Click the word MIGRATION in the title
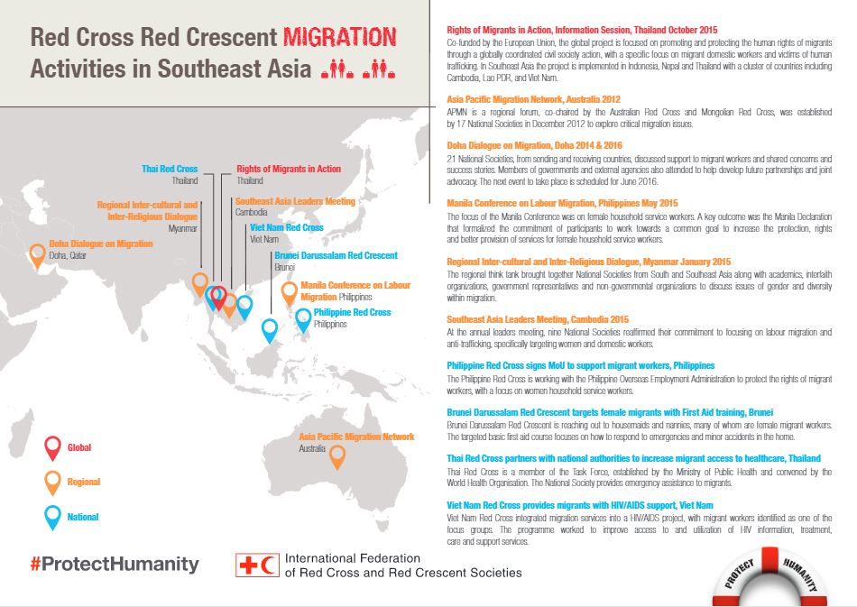pos(340,38)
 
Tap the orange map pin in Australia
pos(337,456)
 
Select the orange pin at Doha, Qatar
pos(38,254)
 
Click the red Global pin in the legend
pos(53,446)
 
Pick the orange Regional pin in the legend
pos(53,482)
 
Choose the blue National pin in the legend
pos(53,516)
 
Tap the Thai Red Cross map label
pos(170,169)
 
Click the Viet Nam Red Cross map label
pos(286,228)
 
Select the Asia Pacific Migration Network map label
pos(356,437)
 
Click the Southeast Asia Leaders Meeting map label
pos(295,201)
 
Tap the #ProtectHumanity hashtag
pos(115,565)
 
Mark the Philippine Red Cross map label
pos(352,312)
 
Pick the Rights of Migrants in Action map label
pos(289,169)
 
